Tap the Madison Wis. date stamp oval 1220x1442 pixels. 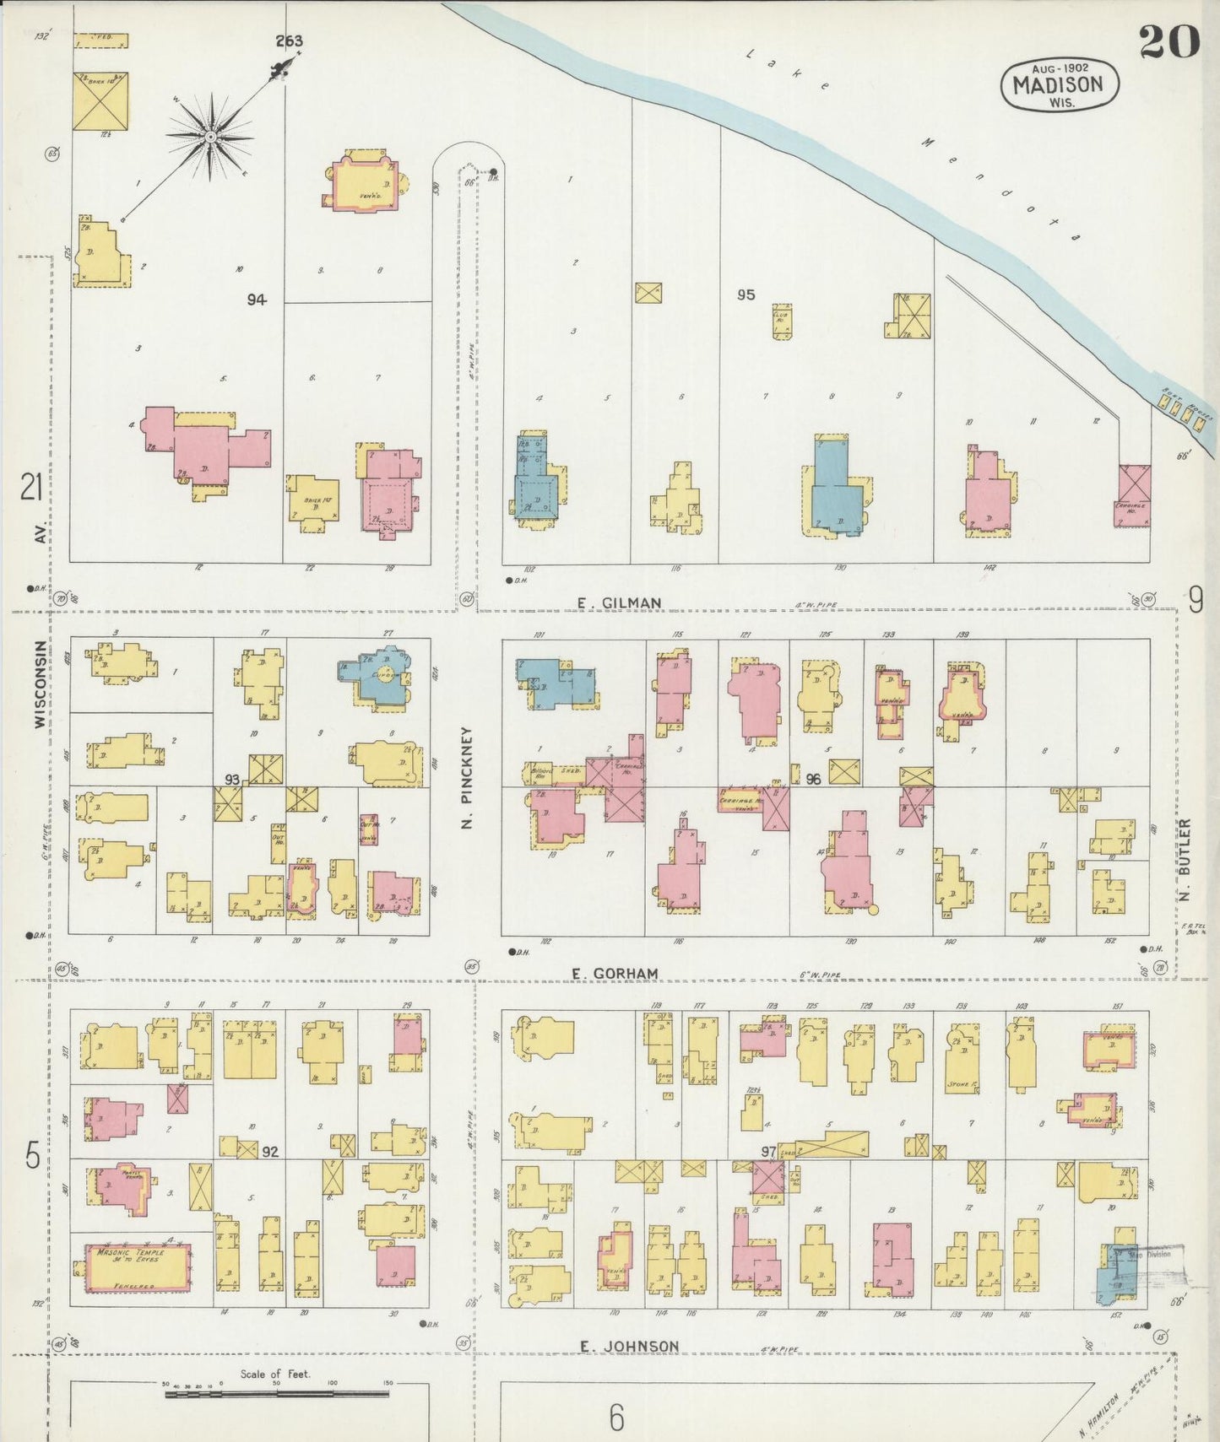1060,84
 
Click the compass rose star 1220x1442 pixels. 209,136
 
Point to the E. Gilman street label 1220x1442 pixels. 619,602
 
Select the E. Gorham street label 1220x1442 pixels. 614,973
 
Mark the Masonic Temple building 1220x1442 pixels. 136,1267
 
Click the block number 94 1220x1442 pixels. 256,300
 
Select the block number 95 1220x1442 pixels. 746,294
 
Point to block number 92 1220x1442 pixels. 270,1151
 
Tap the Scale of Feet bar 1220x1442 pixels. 276,1394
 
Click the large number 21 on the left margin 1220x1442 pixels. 31,488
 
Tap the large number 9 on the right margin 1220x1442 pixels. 1196,600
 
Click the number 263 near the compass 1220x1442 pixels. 288,41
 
